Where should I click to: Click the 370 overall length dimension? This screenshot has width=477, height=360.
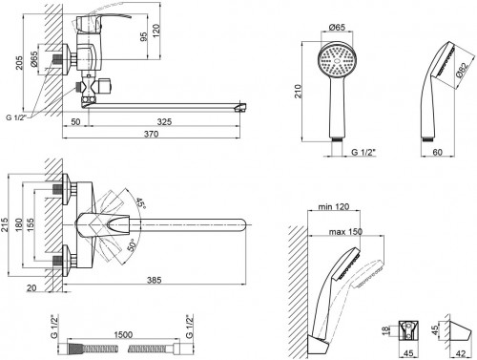tap(151, 134)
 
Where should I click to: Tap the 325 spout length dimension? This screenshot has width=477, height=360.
tap(164, 122)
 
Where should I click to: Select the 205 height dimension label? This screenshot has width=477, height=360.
tap(20, 63)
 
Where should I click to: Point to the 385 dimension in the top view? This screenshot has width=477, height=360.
tap(155, 280)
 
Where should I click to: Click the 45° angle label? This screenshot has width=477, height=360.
tap(140, 203)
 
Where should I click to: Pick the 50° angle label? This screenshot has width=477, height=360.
tap(133, 245)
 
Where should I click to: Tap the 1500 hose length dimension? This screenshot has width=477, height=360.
tap(123, 335)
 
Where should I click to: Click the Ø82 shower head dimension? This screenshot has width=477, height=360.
tap(462, 71)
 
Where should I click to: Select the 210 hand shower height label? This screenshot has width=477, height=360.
tap(298, 92)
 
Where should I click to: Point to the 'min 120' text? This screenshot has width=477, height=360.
tap(334, 207)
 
